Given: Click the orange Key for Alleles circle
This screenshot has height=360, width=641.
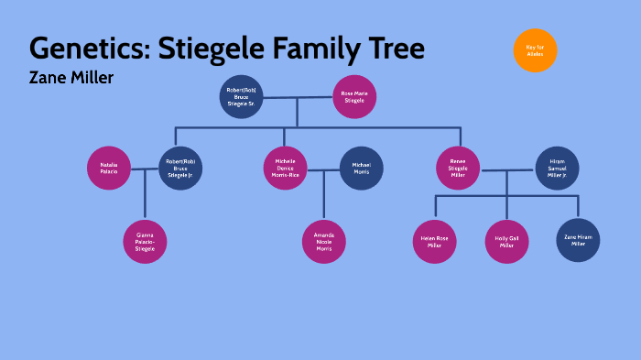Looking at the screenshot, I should pos(535,50).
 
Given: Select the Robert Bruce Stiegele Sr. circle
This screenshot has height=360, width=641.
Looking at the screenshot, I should pos(242,96).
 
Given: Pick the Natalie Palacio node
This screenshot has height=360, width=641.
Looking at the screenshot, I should pos(109,169).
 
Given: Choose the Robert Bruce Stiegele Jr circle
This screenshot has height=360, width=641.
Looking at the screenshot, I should pos(179,169).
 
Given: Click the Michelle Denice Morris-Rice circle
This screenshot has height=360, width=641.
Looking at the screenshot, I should pos(287,169).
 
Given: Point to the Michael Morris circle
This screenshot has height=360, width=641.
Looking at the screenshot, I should pos(361,169).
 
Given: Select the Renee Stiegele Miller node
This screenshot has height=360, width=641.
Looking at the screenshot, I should pos(458,169).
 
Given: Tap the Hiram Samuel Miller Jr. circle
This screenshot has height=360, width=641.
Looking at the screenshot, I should pos(557,169).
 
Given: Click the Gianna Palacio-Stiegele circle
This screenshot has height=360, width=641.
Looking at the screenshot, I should pos(145,242).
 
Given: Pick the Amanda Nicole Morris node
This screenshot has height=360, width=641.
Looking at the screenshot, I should pos(324,242).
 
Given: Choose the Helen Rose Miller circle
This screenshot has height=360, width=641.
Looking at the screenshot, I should pos(433,242).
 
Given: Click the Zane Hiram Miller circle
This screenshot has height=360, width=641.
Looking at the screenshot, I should pos(577,242).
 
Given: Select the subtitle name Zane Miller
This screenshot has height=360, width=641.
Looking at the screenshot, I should pos(71,79).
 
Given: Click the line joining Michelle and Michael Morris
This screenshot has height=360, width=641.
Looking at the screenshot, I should pos(323,169).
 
